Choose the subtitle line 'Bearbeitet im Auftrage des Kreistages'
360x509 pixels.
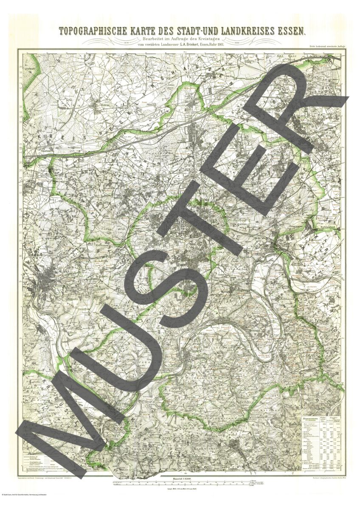point(180,39)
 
